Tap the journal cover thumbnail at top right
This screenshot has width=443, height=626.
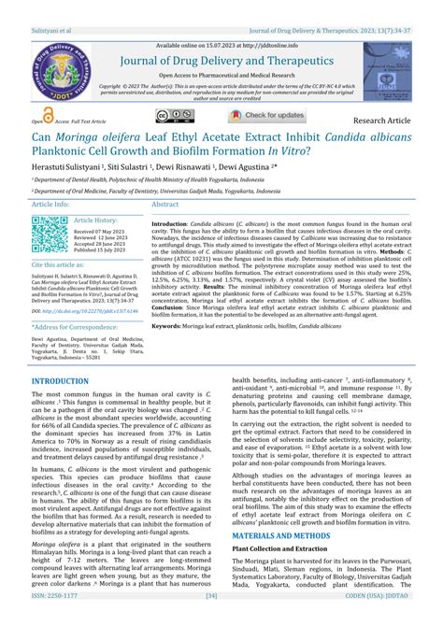click(x=387, y=72)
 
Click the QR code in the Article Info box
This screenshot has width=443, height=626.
click(x=48, y=234)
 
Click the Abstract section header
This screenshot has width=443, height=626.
click(x=165, y=204)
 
